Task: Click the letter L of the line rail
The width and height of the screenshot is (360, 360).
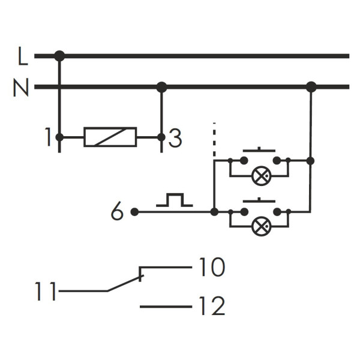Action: tap(23, 57)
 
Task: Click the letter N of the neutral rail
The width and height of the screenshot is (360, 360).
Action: tap(21, 88)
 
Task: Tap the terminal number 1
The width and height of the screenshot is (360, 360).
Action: tap(48, 138)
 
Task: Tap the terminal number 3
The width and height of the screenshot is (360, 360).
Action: tap(175, 139)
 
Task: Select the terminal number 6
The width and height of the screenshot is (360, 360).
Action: tap(118, 212)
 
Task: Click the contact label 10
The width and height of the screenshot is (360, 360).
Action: tap(211, 268)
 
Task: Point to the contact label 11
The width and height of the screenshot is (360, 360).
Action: tap(46, 293)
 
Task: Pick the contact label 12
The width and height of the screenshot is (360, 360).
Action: tap(211, 307)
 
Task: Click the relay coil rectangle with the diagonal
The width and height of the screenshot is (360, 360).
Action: tap(110, 137)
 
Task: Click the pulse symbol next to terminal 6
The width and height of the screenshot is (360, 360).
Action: tap(174, 200)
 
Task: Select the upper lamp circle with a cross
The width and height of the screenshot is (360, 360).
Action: tap(260, 176)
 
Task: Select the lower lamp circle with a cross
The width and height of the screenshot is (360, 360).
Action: tap(260, 226)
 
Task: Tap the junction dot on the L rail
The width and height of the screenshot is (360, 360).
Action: tap(59, 56)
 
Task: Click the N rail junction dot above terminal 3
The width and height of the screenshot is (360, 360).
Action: tap(161, 87)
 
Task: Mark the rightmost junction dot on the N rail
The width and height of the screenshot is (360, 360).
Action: tap(311, 87)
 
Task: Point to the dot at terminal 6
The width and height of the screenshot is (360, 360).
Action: tap(134, 212)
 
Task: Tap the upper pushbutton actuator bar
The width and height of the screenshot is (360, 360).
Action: tap(259, 150)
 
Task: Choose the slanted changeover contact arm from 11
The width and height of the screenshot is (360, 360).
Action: tap(125, 284)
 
